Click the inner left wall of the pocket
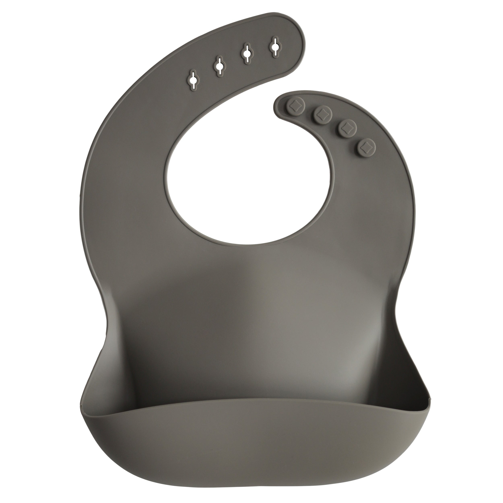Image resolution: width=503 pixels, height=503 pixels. (x=102, y=377)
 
